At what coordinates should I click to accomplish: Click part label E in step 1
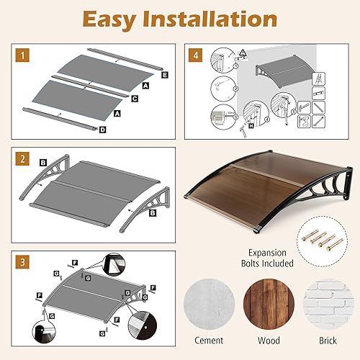[165, 74]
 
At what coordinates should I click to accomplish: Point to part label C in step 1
[135, 97]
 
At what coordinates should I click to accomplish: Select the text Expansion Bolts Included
[317, 258]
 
